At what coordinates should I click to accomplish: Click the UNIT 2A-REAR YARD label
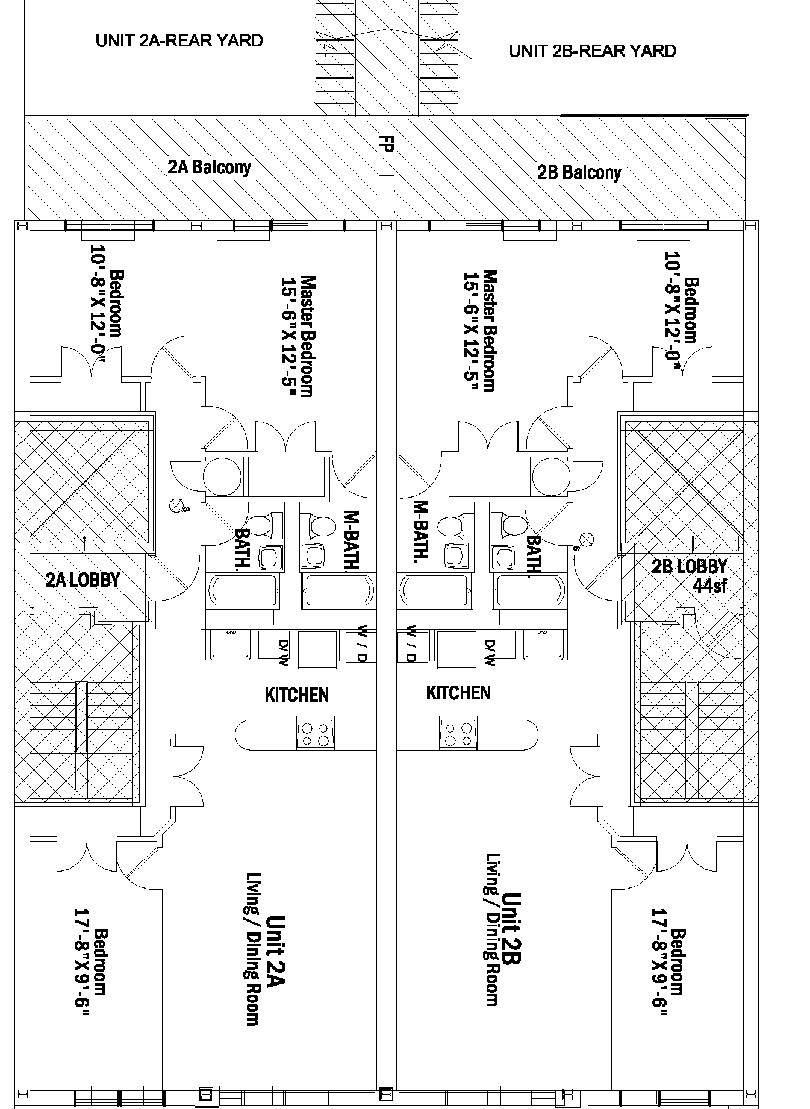point(179,41)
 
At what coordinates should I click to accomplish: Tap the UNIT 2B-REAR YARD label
point(592,51)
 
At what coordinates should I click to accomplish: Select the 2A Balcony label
point(209,167)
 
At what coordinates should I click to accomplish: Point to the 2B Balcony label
point(579,173)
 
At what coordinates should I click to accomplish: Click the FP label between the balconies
point(386,144)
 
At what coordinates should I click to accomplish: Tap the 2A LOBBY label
point(83,579)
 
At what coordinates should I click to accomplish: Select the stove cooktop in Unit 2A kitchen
point(316,733)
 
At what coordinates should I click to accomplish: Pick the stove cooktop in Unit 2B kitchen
point(457,733)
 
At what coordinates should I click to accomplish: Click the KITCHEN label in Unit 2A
point(297,695)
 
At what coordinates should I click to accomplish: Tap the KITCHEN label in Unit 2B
point(458,693)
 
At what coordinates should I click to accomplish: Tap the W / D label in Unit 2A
point(361,643)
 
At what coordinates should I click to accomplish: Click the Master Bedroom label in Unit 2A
point(307,336)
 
